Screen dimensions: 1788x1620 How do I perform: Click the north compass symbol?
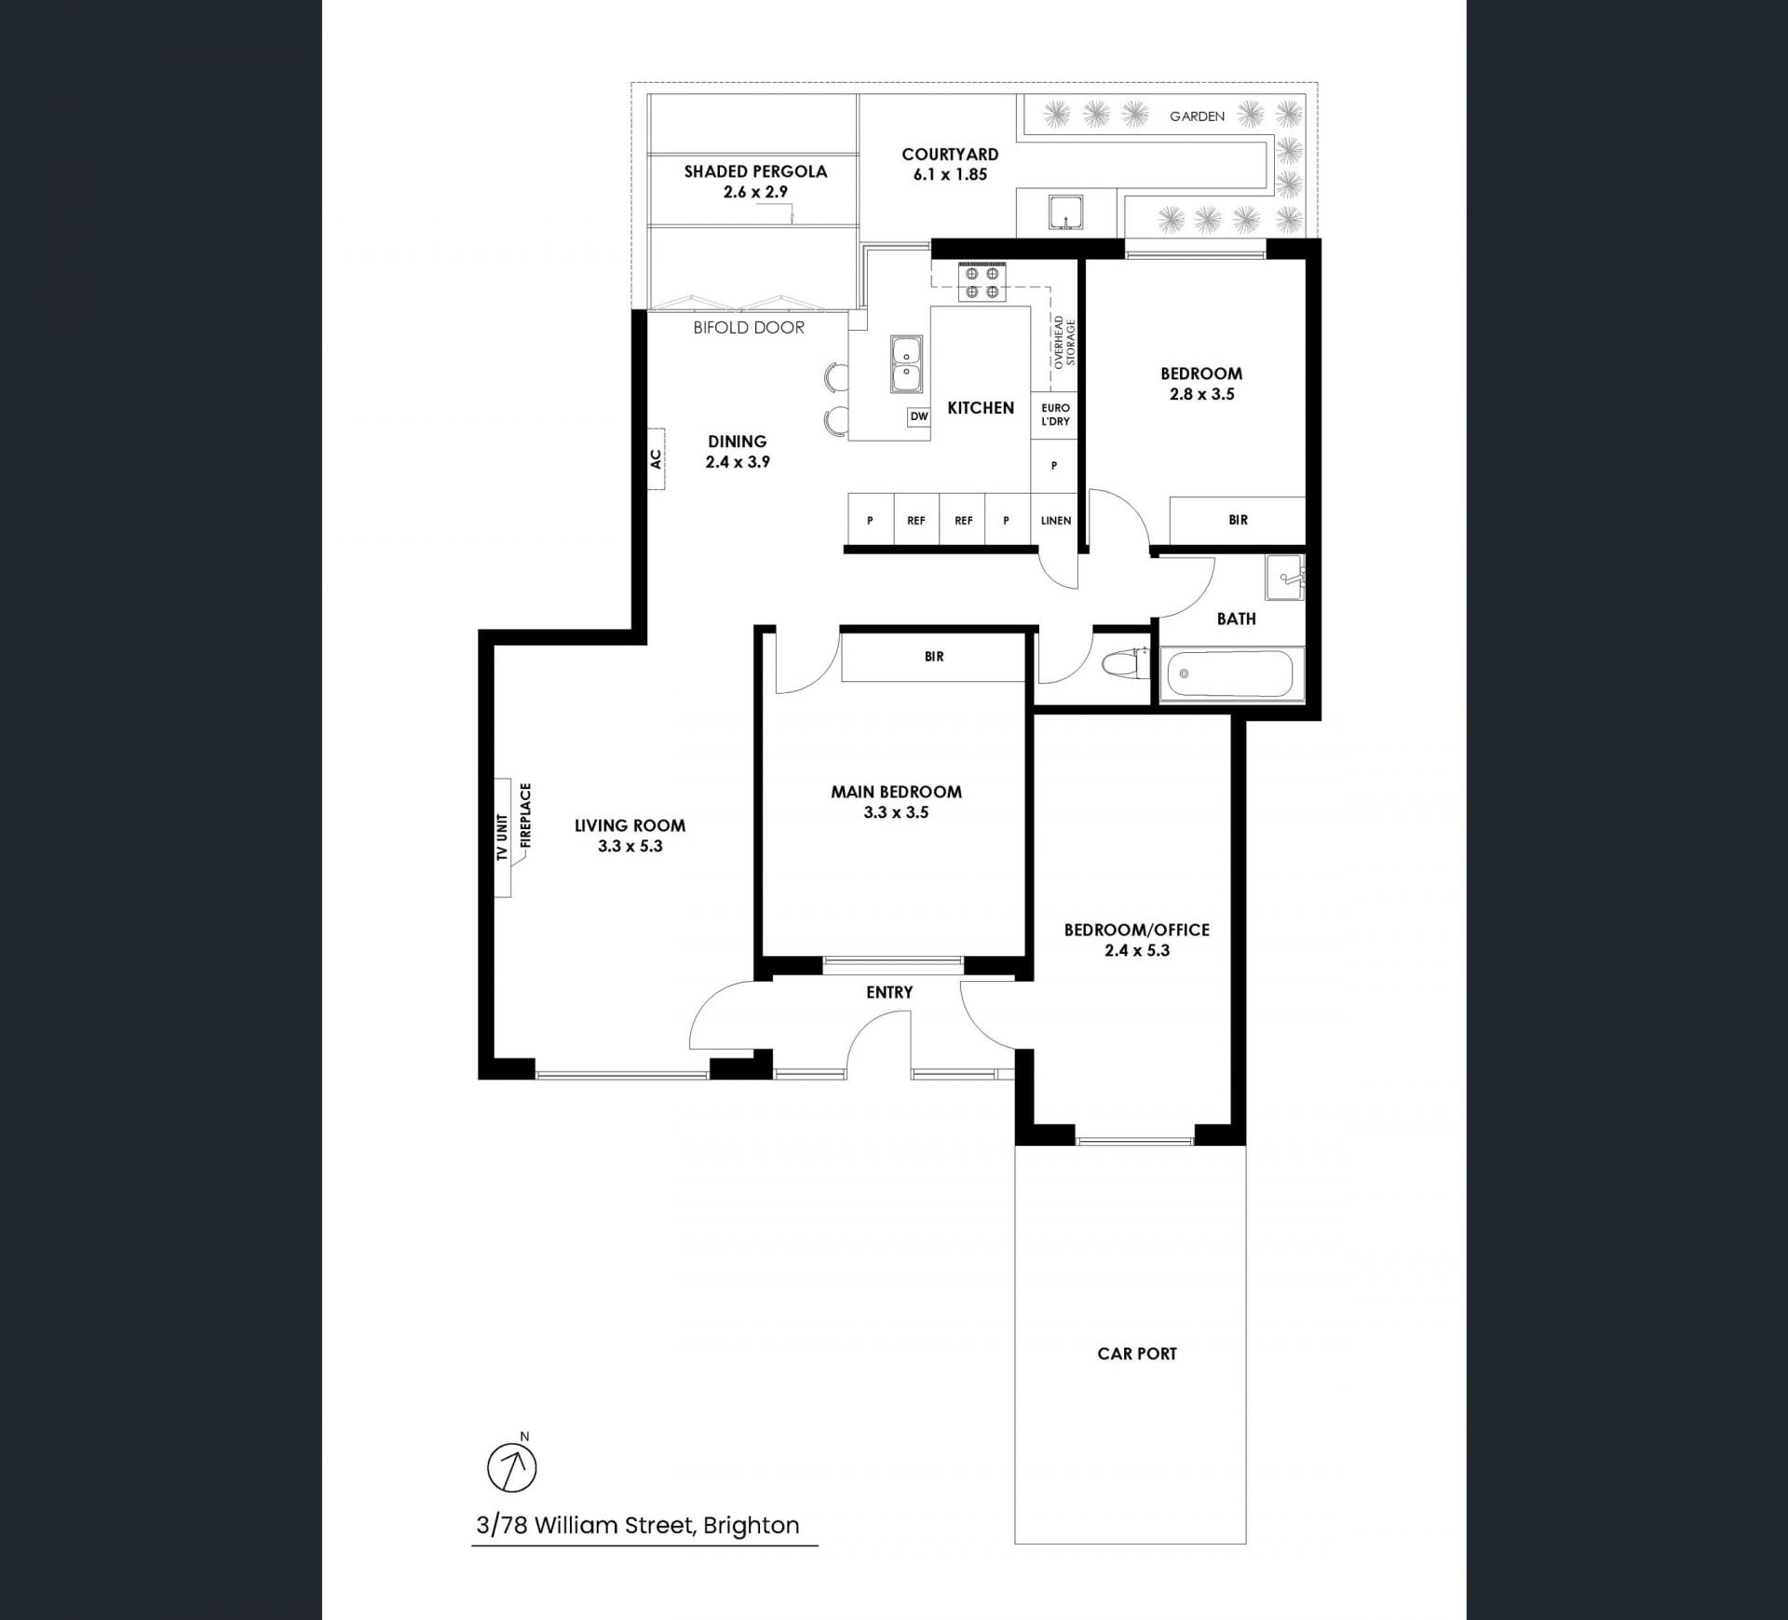point(512,1468)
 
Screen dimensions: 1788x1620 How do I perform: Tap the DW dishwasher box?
point(919,416)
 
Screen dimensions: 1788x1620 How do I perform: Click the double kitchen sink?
point(906,364)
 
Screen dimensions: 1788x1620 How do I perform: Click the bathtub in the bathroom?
point(1229,674)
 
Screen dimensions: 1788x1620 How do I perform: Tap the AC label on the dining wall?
point(656,459)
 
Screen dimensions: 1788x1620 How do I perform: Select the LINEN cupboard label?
point(1056,521)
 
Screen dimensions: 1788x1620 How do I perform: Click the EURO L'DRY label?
point(1056,415)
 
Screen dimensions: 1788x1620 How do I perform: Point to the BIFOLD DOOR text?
point(749,328)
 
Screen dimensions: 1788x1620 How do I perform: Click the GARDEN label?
point(1198,116)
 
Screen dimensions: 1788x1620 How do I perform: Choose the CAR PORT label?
point(1137,1354)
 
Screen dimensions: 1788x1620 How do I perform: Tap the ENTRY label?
point(889,992)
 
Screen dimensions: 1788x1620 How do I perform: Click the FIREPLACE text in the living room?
point(525,815)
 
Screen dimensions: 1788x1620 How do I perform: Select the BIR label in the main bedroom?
point(934,657)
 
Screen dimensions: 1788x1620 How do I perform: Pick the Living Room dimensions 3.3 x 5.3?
point(630,846)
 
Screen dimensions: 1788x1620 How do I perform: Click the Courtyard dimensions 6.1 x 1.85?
point(950,174)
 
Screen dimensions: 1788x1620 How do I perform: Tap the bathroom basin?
point(1285,577)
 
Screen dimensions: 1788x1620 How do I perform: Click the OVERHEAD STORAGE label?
point(1063,342)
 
